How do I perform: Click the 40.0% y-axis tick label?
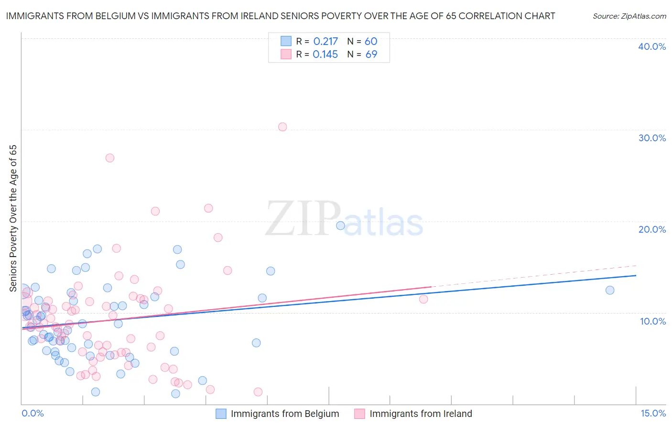coord(652,46)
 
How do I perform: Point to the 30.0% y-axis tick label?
coord(652,138)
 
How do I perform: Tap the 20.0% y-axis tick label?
coord(652,229)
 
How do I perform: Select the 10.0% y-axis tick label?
coord(653,321)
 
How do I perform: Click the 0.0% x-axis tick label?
coord(33,413)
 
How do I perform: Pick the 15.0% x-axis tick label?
coord(653,413)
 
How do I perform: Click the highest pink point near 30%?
coord(282,127)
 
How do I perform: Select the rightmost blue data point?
coord(610,290)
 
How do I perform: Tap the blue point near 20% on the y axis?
coord(341,225)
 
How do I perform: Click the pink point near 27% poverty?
coord(110,158)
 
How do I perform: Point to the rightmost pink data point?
coord(423,299)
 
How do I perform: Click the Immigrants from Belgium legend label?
coord(285,414)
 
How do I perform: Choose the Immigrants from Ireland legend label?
coord(421,414)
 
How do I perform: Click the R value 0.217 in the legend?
coord(325,42)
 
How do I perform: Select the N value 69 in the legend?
coord(371,55)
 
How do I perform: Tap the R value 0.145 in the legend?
coord(325,55)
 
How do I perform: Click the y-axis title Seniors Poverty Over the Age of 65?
coord(13,218)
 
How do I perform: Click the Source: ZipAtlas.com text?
coord(629,16)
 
